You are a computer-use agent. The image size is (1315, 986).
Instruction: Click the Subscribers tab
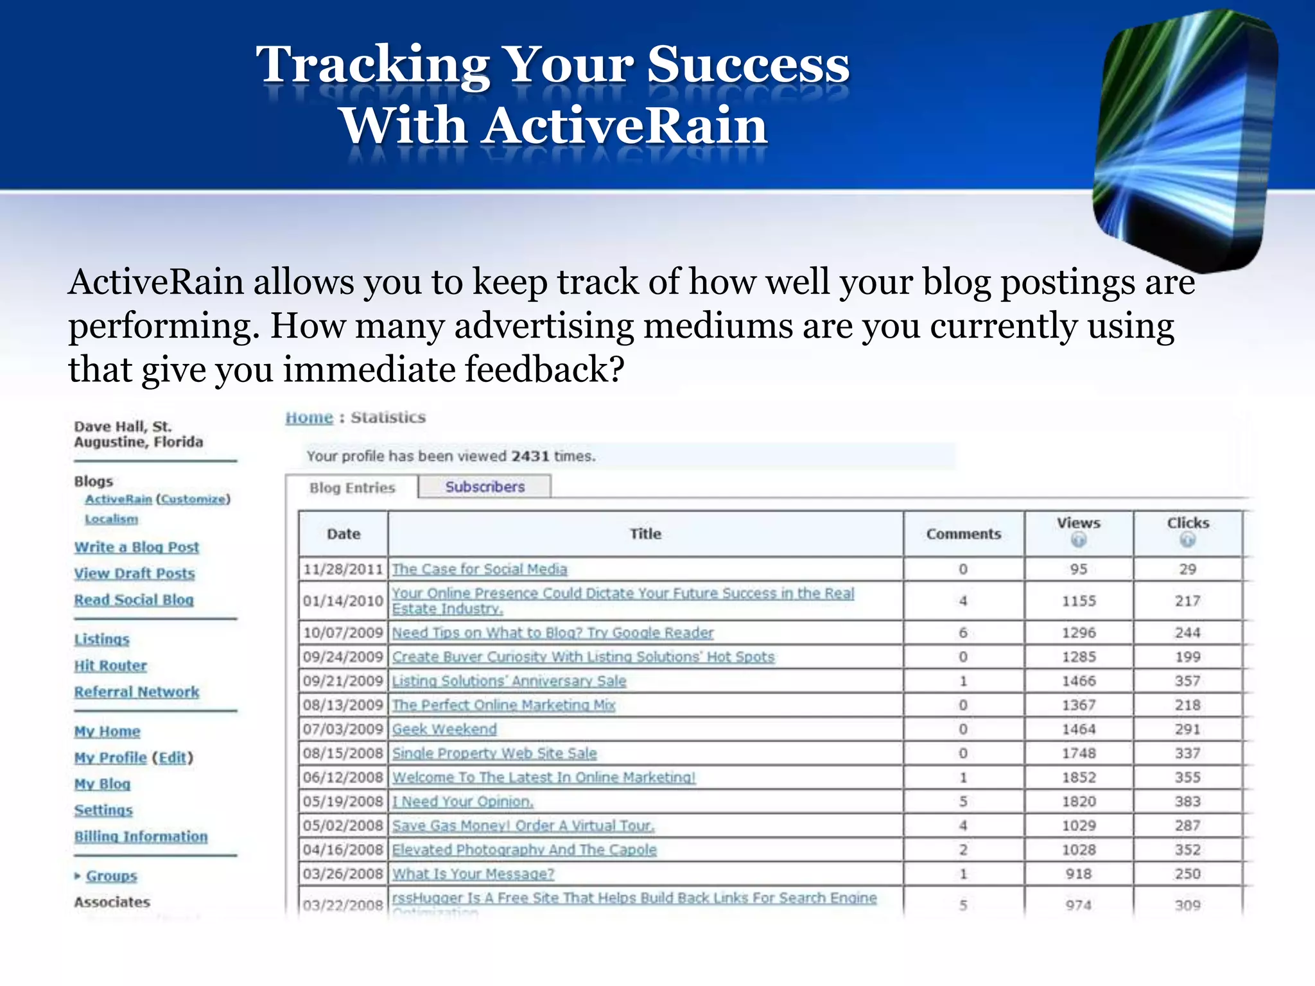[x=485, y=487]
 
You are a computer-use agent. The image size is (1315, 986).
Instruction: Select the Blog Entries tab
[x=352, y=488]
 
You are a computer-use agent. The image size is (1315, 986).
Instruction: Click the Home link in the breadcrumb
[x=309, y=418]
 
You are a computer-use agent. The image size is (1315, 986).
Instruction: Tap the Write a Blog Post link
[x=136, y=548]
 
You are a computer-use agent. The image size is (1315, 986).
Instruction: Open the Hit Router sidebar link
[x=110, y=666]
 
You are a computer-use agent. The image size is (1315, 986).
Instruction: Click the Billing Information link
[x=141, y=837]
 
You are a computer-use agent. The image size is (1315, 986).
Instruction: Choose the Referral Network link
[x=136, y=692]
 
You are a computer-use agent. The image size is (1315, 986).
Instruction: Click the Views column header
[x=1078, y=524]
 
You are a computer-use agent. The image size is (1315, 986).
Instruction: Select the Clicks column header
[x=1187, y=524]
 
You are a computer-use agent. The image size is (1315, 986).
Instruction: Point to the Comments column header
[x=963, y=534]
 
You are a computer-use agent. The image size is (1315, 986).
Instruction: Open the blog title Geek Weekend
[x=444, y=730]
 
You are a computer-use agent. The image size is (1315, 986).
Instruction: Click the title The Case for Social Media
[x=480, y=569]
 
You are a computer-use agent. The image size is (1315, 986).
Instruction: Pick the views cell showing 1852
[x=1079, y=778]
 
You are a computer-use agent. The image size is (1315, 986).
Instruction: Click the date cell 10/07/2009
[x=343, y=633]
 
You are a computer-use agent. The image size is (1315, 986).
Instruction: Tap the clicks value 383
[x=1187, y=802]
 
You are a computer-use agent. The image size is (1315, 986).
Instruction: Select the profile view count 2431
[x=530, y=456]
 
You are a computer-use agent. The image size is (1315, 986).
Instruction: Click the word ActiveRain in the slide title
[x=626, y=125]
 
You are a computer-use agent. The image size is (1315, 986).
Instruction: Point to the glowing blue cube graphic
[x=1185, y=138]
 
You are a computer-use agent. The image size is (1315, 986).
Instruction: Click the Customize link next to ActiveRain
[x=193, y=499]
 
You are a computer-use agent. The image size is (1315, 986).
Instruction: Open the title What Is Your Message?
[x=473, y=874]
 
